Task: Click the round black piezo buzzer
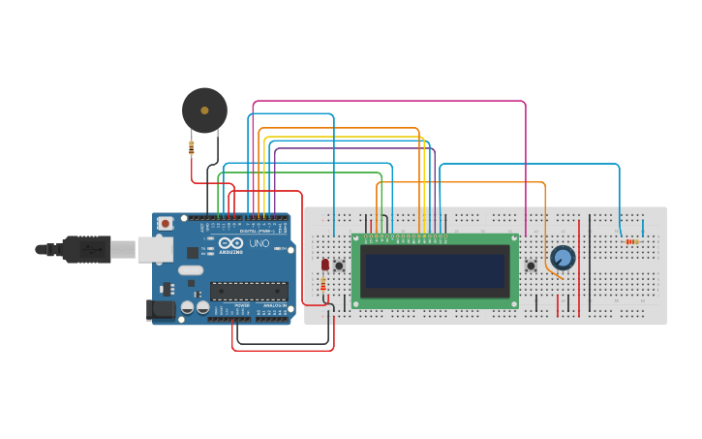click(x=204, y=110)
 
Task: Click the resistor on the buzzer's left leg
click(x=192, y=147)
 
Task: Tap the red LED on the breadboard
click(x=325, y=265)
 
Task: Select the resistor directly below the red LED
click(x=322, y=284)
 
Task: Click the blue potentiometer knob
click(x=562, y=258)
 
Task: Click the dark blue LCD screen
click(x=435, y=270)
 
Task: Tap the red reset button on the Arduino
click(x=166, y=223)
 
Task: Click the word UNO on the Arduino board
click(x=259, y=244)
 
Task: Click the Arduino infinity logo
click(x=227, y=244)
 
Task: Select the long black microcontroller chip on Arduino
click(x=249, y=291)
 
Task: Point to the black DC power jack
click(x=161, y=310)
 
